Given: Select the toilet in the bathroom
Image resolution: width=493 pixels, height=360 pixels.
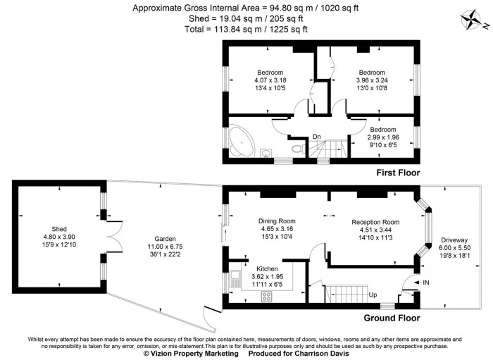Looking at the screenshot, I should pos(298,149).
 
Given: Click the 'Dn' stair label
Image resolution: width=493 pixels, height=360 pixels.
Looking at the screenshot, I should pos(318,137).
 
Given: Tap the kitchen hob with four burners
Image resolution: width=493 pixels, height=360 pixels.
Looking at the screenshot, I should pos(267,296).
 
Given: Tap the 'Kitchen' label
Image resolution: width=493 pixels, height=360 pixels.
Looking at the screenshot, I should pos(266,269).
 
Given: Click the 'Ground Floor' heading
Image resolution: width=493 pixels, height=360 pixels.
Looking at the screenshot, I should pos(393,318).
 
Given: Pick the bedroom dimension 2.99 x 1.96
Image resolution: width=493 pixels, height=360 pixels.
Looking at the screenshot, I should pos(385,137).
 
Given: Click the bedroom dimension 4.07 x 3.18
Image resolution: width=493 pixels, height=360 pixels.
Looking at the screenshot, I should pos(270,80).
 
